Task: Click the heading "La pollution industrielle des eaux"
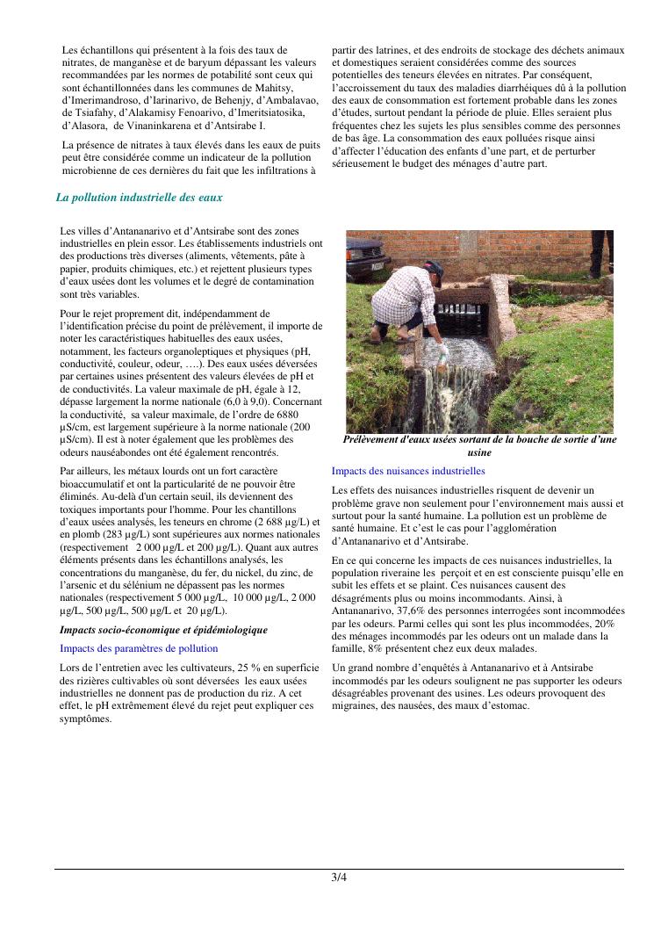[139, 198]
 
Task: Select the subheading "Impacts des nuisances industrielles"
[408, 471]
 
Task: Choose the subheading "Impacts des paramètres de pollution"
[139, 647]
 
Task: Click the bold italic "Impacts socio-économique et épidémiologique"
[163, 630]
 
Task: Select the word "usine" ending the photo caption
[479, 452]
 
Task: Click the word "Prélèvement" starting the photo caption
[377, 439]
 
